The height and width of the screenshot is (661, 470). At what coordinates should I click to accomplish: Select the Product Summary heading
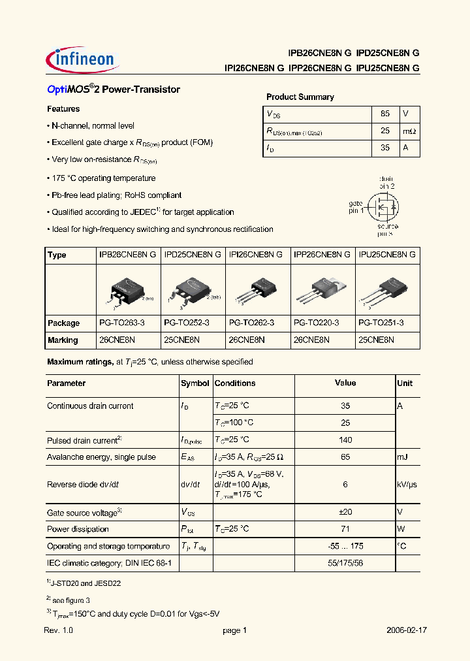point(300,97)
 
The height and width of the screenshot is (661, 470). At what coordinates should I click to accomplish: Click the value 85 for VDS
point(385,114)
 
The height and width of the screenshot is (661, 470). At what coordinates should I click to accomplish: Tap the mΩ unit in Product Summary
point(409,131)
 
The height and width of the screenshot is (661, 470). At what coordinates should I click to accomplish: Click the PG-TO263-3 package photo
point(126,291)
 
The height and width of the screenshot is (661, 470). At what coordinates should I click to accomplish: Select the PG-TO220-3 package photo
point(322,291)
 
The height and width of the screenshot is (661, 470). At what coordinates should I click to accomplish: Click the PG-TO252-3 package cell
point(187,323)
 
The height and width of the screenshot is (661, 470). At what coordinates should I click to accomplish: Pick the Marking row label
point(63,340)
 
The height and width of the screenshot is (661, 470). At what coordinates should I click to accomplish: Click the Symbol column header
point(195,383)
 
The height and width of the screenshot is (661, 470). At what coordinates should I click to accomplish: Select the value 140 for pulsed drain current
point(345,440)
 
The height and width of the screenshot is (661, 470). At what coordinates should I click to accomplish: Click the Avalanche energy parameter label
point(101,457)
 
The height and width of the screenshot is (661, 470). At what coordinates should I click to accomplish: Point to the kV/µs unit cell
point(407,484)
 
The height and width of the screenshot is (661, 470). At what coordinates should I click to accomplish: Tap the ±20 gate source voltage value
point(345,512)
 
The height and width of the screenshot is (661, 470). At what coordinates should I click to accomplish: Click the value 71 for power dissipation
point(345,529)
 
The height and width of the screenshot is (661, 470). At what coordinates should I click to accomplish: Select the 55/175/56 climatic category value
point(345,562)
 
